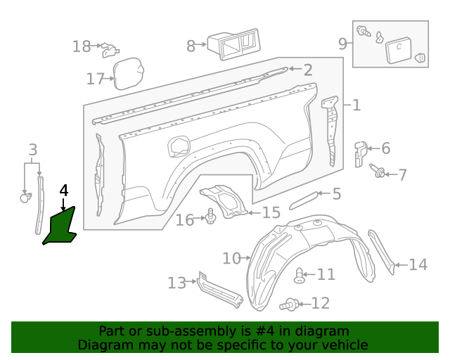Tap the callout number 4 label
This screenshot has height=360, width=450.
(x=64, y=191)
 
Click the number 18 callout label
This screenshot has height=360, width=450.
(x=82, y=46)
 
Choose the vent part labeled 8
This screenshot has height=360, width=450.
(x=231, y=44)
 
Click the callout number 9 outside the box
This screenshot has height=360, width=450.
(x=343, y=44)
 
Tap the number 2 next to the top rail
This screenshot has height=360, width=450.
(x=308, y=70)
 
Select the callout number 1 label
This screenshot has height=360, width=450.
(x=356, y=105)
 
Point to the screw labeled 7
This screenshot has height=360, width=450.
(x=380, y=172)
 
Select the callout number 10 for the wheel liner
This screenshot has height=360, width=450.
(x=231, y=258)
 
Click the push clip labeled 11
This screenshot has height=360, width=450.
(x=300, y=276)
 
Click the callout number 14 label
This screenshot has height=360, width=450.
(x=418, y=264)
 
